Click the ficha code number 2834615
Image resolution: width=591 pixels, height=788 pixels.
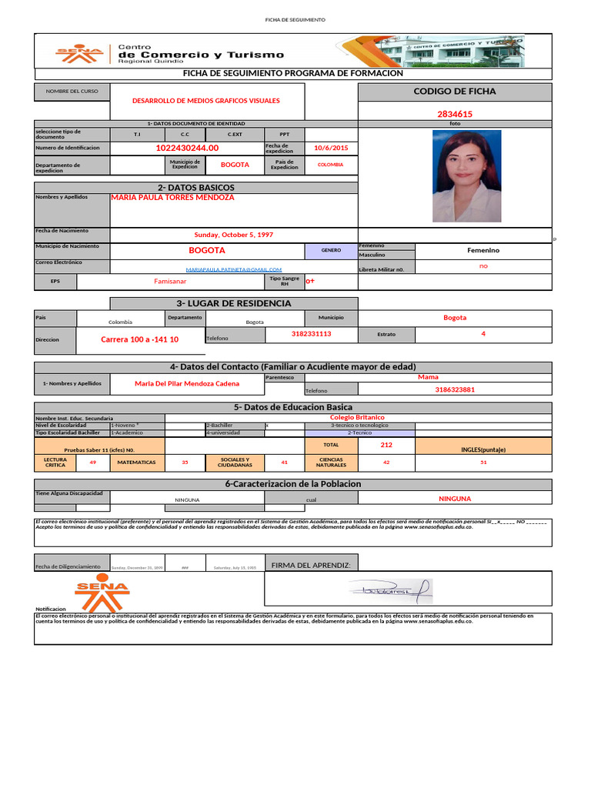[454, 114]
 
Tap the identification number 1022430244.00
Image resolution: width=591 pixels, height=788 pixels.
[187, 148]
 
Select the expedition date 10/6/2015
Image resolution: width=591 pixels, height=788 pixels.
[332, 148]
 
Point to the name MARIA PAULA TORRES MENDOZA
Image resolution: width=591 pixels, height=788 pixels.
[172, 197]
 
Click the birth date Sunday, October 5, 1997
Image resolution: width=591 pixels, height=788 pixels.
[233, 235]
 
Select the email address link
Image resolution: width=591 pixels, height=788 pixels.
[234, 269]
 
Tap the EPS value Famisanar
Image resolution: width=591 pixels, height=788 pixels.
[171, 282]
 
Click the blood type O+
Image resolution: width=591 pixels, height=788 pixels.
[311, 282]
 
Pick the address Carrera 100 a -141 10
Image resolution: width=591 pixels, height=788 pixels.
[140, 339]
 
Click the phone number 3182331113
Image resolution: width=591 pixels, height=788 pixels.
[312, 334]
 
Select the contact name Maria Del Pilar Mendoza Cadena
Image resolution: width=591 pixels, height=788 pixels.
[187, 383]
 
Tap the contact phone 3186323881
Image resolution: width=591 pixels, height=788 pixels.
[455, 389]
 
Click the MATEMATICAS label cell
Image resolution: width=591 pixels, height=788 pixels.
[137, 462]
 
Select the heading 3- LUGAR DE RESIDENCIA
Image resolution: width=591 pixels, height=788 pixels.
[234, 303]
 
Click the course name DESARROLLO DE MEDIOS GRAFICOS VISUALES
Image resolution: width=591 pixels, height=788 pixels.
[206, 101]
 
